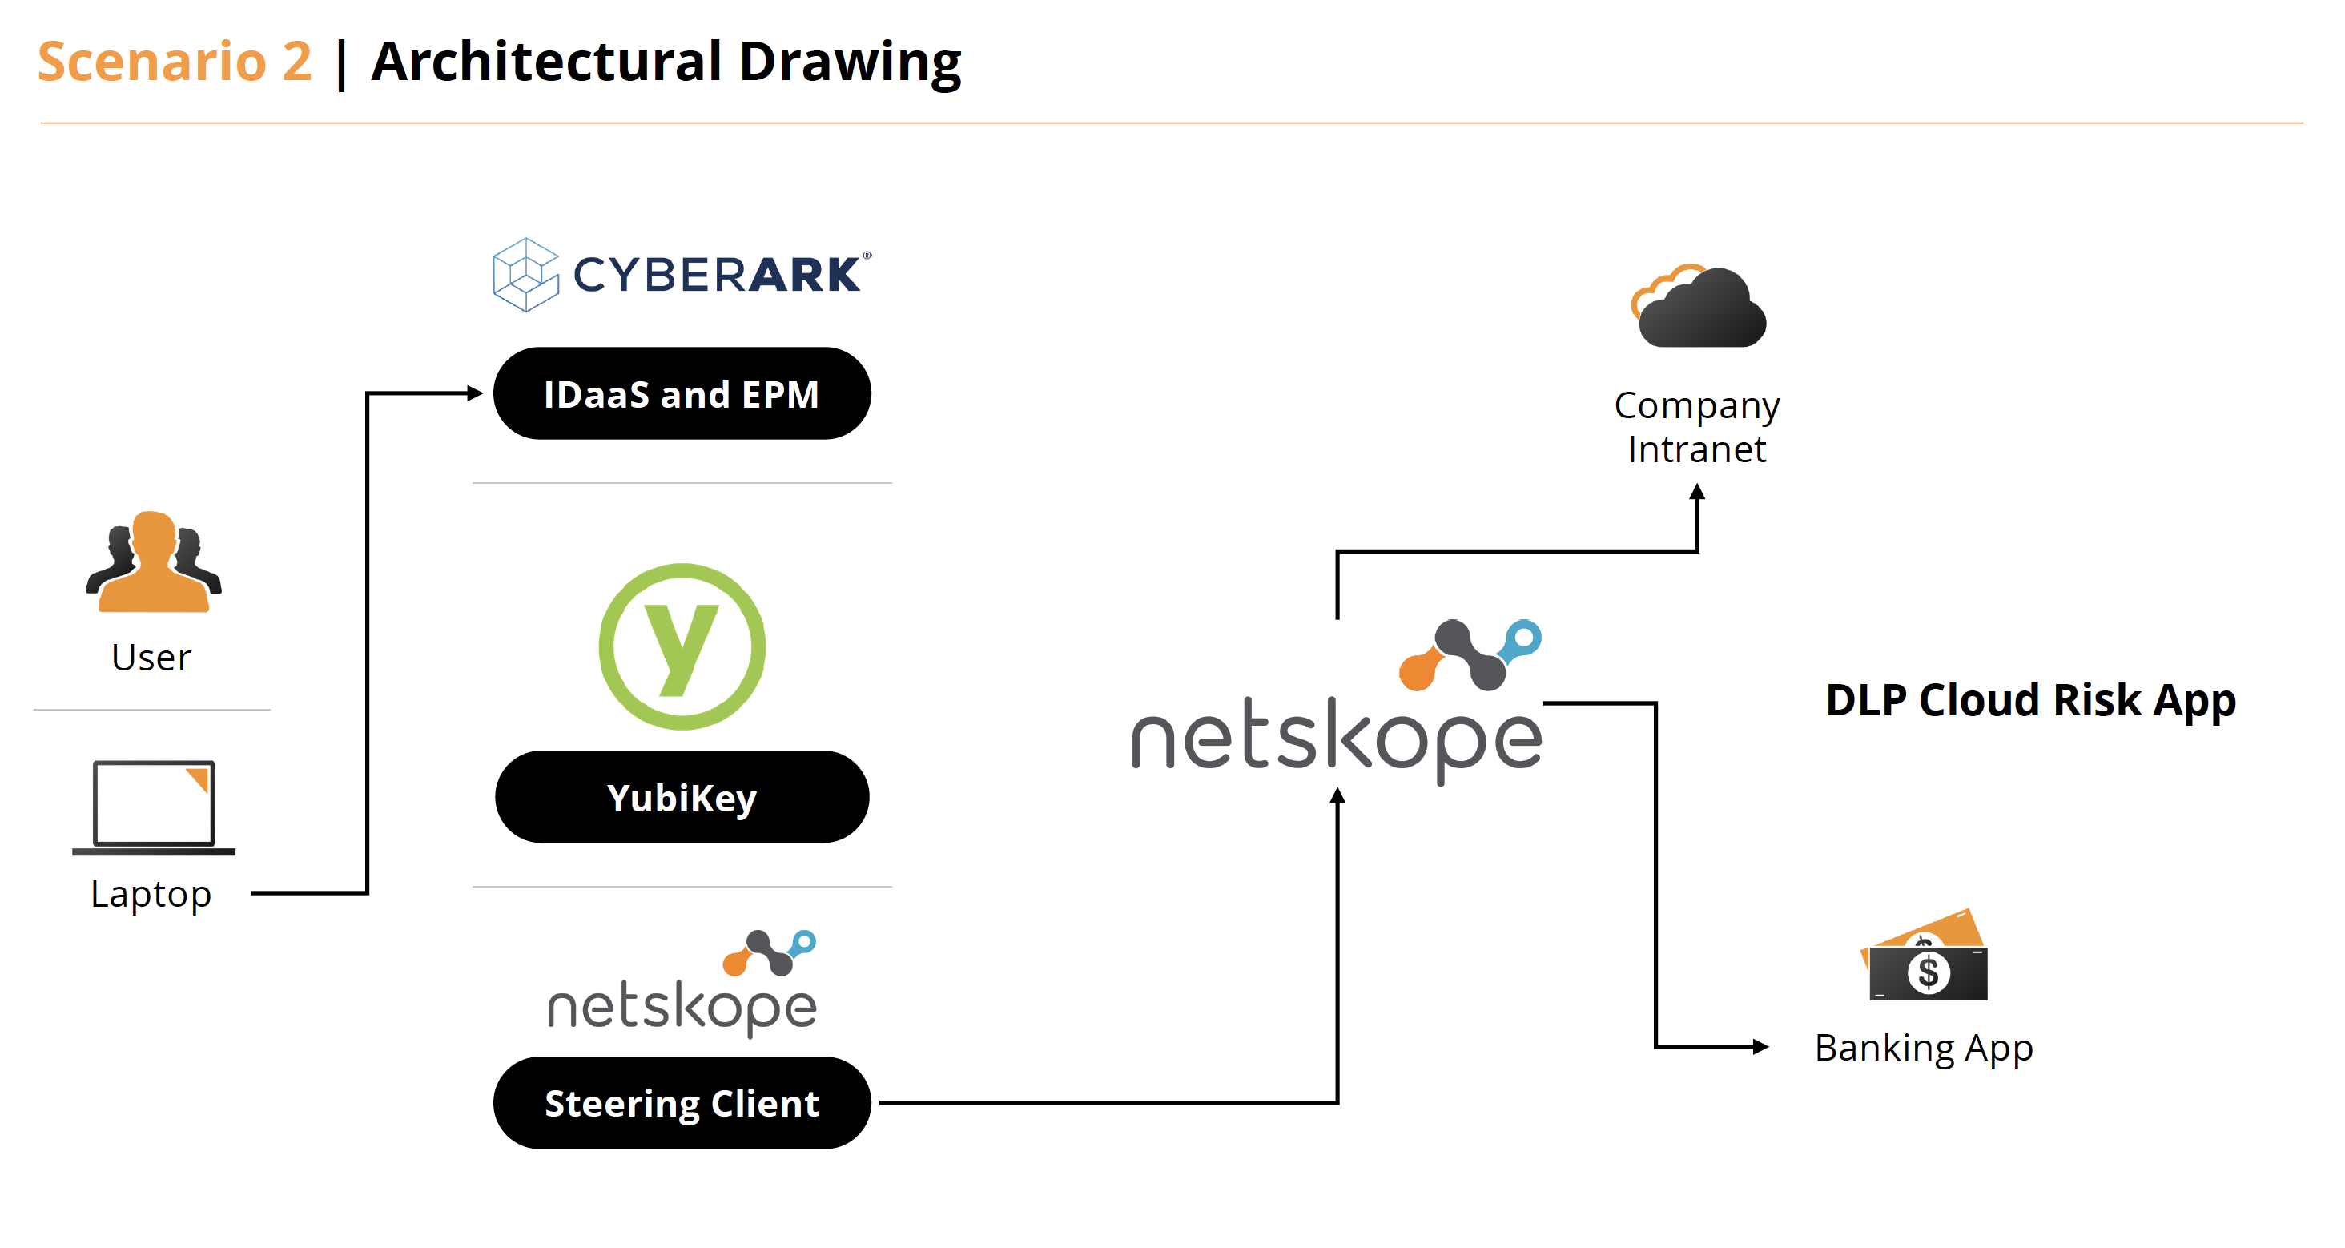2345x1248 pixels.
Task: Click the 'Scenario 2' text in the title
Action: tap(175, 62)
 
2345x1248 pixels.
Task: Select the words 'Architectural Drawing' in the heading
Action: tap(666, 62)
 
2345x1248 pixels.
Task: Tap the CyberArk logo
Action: tap(681, 274)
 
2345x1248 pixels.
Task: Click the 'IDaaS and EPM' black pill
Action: tap(682, 394)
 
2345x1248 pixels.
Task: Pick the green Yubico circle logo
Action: tap(682, 646)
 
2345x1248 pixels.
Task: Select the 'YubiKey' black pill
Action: tap(682, 797)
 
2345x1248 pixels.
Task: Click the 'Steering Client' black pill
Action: tap(682, 1103)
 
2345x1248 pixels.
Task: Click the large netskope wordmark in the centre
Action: tap(1337, 737)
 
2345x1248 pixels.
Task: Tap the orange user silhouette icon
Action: tap(153, 562)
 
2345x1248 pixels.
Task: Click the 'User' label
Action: tap(151, 657)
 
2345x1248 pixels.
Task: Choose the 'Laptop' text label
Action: tap(151, 894)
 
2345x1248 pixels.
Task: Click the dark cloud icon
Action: tap(1699, 308)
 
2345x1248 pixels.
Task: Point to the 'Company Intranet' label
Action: tap(1697, 427)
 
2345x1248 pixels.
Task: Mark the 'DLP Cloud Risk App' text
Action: tap(2030, 700)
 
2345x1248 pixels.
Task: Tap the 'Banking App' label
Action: tap(1924, 1048)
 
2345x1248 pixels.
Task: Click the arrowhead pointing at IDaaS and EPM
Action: tap(474, 393)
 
